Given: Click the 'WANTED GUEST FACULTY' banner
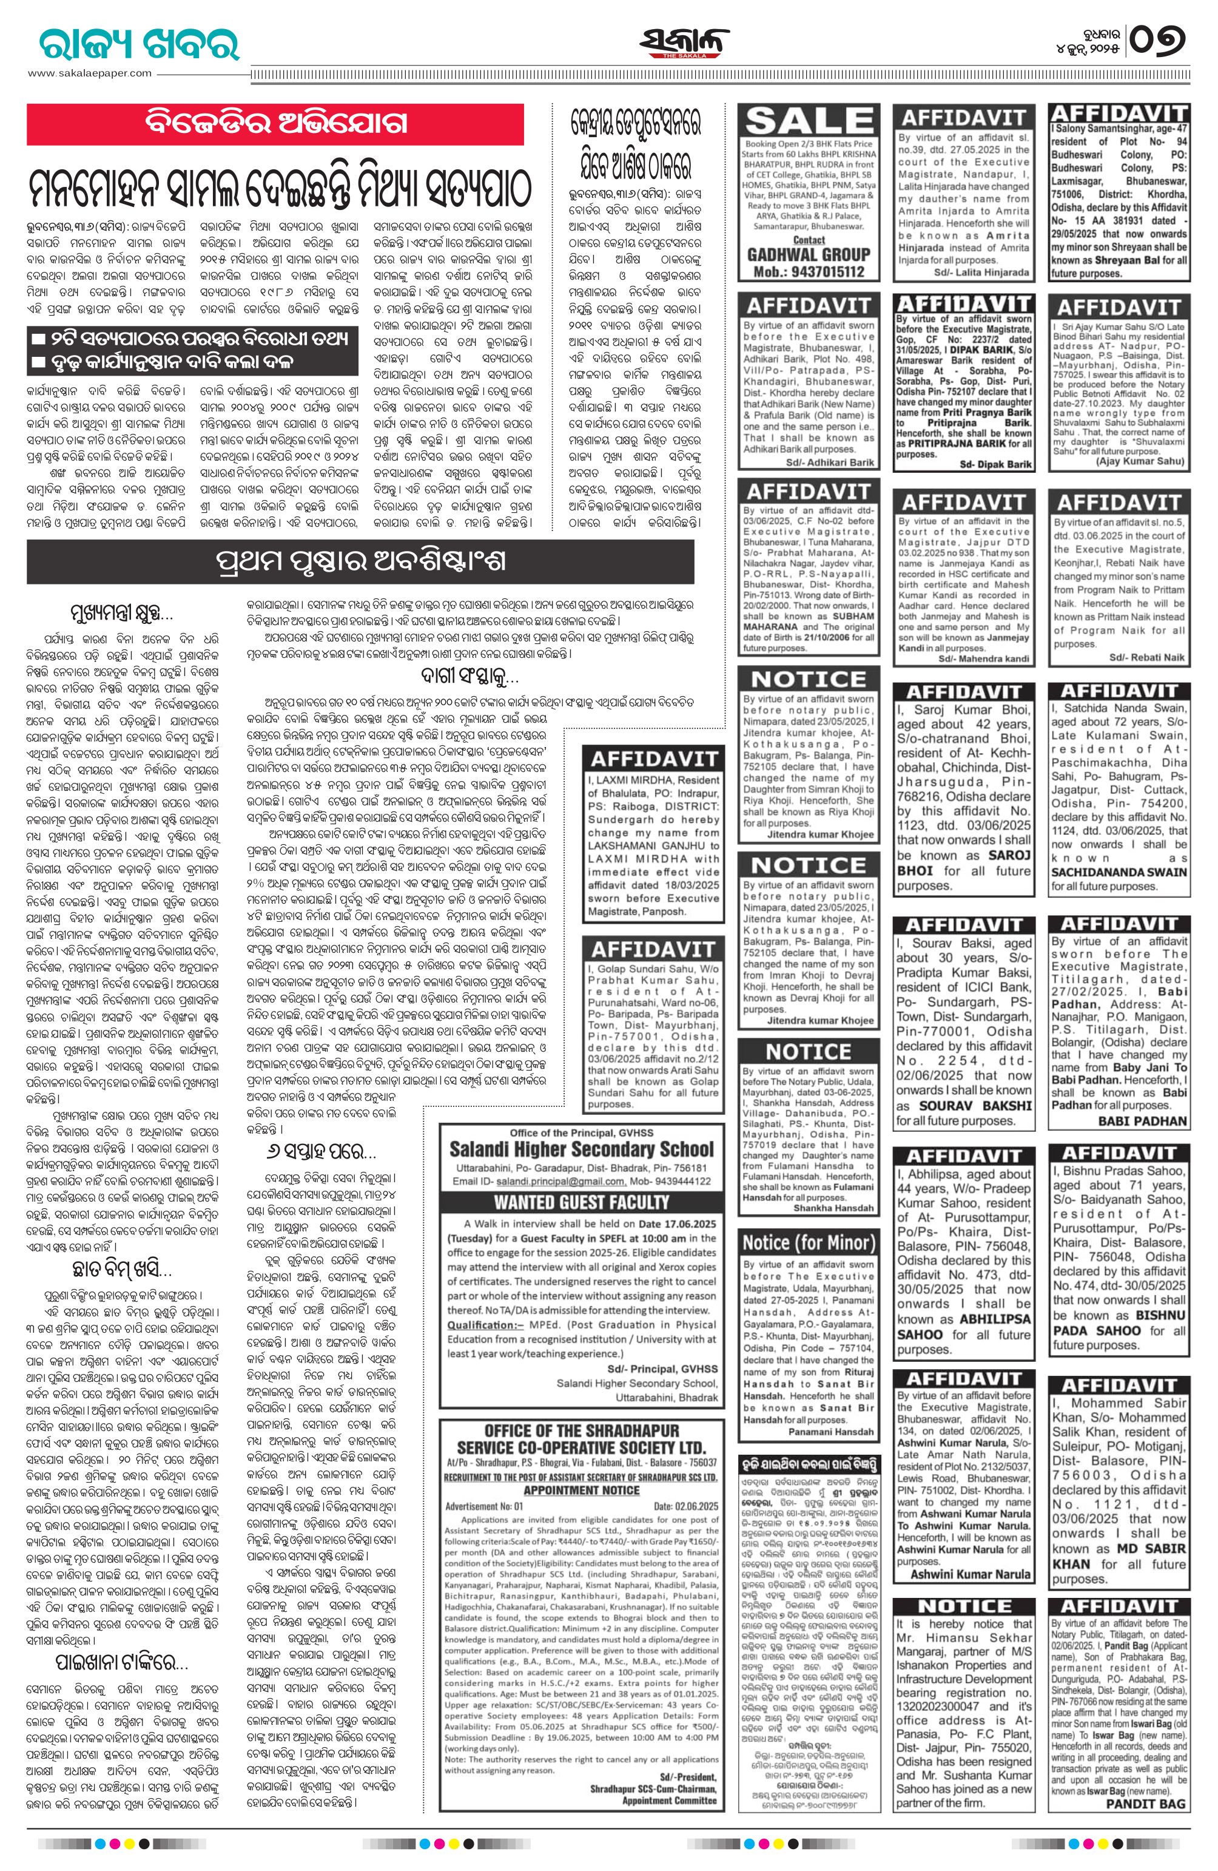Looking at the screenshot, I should click(582, 1202).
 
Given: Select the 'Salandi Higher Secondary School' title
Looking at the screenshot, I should click(582, 1149).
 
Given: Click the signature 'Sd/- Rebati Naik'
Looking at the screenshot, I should click(1146, 657).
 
